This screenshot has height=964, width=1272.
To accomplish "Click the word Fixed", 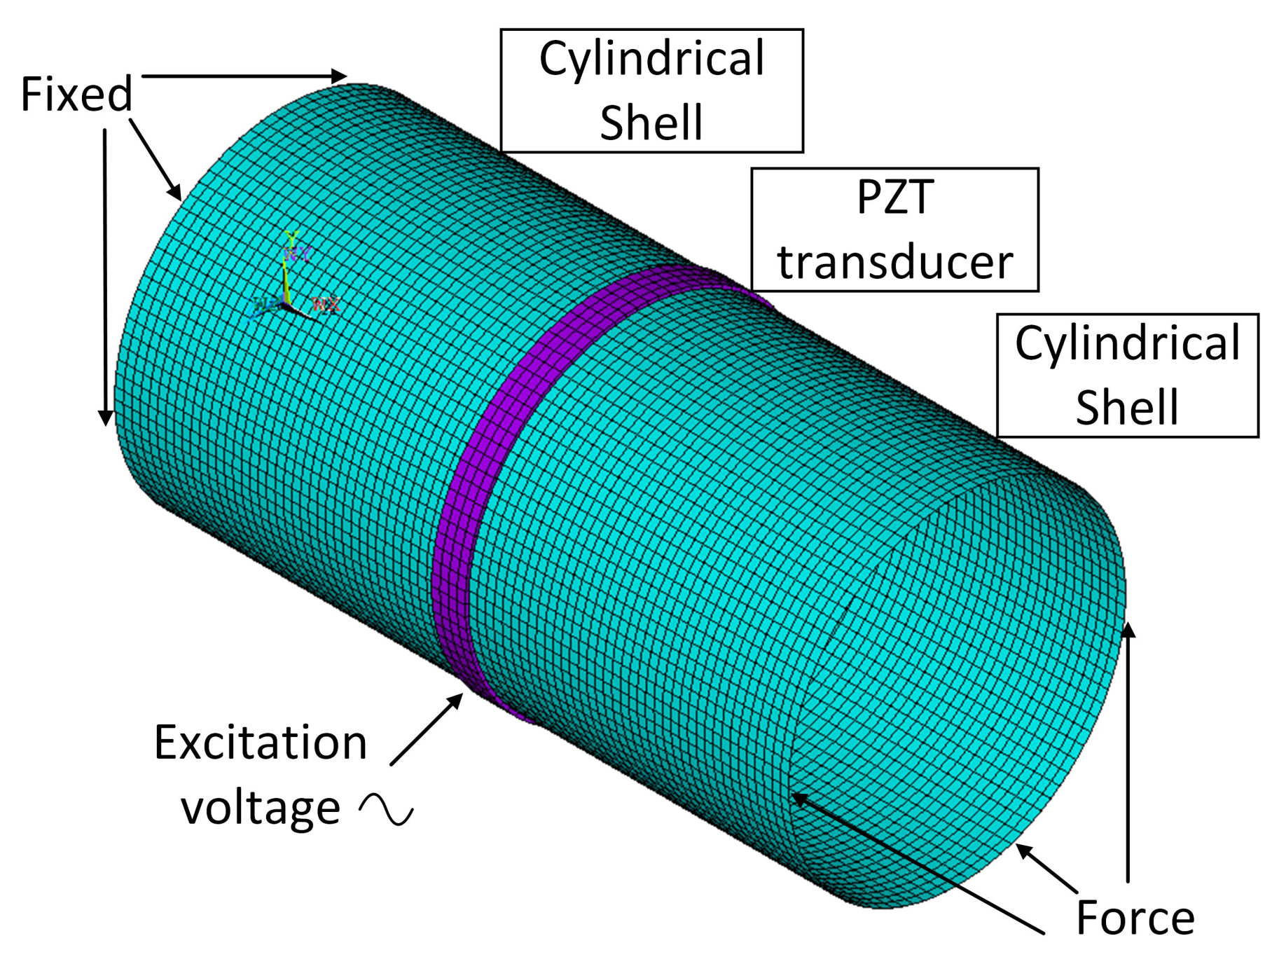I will (76, 94).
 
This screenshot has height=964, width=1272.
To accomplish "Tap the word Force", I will (1135, 918).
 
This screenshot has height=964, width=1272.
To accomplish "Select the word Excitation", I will (261, 743).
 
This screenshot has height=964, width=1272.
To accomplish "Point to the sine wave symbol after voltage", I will (386, 810).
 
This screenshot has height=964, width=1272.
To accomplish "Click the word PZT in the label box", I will (894, 197).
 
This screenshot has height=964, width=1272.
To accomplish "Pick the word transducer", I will (894, 262).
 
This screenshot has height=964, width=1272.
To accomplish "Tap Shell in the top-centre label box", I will (651, 123).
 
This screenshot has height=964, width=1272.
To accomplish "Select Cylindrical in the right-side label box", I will (1127, 343).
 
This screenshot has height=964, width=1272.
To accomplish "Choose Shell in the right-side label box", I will (1127, 408).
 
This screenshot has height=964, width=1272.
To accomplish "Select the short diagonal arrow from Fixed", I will (155, 160).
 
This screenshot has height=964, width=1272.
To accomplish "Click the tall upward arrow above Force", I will (1128, 757).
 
